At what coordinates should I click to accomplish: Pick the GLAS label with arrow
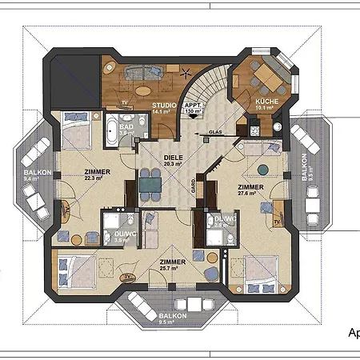pyautogui.click(x=215, y=132)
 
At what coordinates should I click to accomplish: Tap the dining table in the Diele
pyautogui.click(x=149, y=185)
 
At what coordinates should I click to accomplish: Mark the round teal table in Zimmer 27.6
pyautogui.click(x=265, y=169)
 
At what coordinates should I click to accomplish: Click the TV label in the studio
pyautogui.click(x=124, y=102)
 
